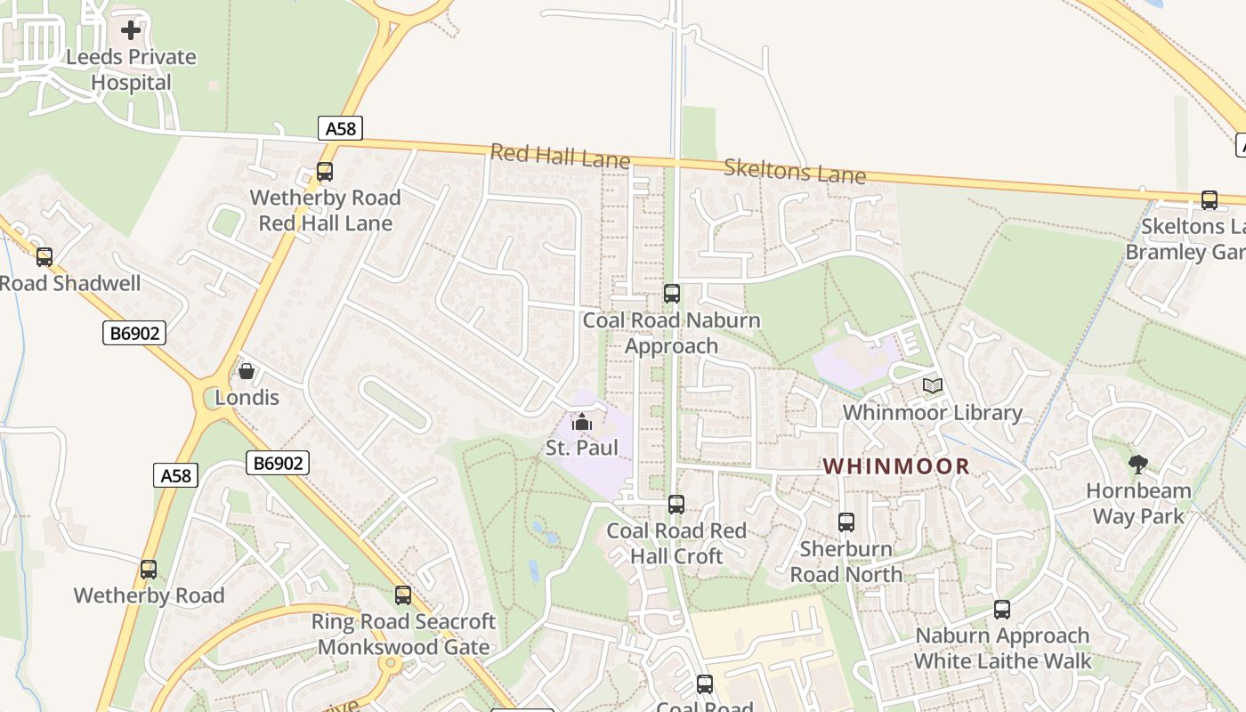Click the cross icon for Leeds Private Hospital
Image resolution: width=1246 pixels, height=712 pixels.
click(131, 30)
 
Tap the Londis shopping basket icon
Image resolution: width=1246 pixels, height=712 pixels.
click(247, 371)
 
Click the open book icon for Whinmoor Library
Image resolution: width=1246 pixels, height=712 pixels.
click(932, 386)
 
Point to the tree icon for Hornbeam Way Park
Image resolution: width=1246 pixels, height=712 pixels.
click(1137, 464)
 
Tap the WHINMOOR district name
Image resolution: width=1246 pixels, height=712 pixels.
click(896, 465)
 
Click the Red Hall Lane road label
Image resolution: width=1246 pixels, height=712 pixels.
click(560, 157)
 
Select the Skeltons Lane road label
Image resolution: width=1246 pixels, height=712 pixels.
click(794, 170)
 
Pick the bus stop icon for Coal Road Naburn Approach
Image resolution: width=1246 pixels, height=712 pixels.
click(672, 294)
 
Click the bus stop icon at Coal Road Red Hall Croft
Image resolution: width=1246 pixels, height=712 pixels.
click(676, 505)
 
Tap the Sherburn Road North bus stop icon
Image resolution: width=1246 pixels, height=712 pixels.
click(845, 522)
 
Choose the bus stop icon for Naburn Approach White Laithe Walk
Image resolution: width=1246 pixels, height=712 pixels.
click(1002, 610)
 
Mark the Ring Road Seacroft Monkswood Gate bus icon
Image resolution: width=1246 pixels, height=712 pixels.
click(403, 595)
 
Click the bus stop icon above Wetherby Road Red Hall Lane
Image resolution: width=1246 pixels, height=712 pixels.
click(325, 172)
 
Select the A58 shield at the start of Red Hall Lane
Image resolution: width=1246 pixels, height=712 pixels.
click(340, 128)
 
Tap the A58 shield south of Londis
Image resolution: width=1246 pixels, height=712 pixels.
click(175, 475)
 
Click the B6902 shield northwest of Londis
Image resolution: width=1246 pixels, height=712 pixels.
click(134, 333)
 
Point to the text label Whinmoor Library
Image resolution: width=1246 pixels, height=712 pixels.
click(932, 413)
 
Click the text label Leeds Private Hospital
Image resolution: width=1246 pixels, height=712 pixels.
click(131, 69)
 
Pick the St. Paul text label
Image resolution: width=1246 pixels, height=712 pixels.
click(581, 448)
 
